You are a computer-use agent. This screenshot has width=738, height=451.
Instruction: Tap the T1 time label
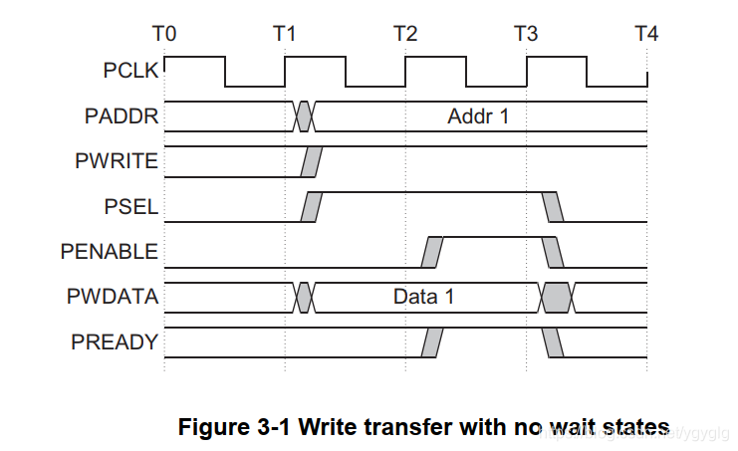point(285,34)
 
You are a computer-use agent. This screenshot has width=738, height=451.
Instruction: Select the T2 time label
point(405,34)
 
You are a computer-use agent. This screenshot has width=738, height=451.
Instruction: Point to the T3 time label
point(526,34)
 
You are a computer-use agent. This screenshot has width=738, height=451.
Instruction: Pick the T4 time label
point(646,34)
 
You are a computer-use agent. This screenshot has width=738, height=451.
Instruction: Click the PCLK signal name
point(128,71)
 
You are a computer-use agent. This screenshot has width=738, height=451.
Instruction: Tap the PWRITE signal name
point(116,160)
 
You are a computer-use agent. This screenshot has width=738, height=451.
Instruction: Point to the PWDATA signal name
point(115,297)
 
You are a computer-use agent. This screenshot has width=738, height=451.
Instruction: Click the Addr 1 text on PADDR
point(478,116)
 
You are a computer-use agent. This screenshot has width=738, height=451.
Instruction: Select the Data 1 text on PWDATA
point(424,298)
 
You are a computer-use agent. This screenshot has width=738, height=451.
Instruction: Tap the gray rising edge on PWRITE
point(312,161)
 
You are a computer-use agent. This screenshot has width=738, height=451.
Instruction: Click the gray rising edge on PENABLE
point(431,252)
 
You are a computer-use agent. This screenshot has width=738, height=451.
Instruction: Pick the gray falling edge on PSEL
point(553,206)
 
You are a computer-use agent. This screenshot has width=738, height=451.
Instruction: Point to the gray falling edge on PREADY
point(553,342)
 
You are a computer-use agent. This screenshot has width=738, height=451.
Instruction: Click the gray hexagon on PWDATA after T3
point(556,297)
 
